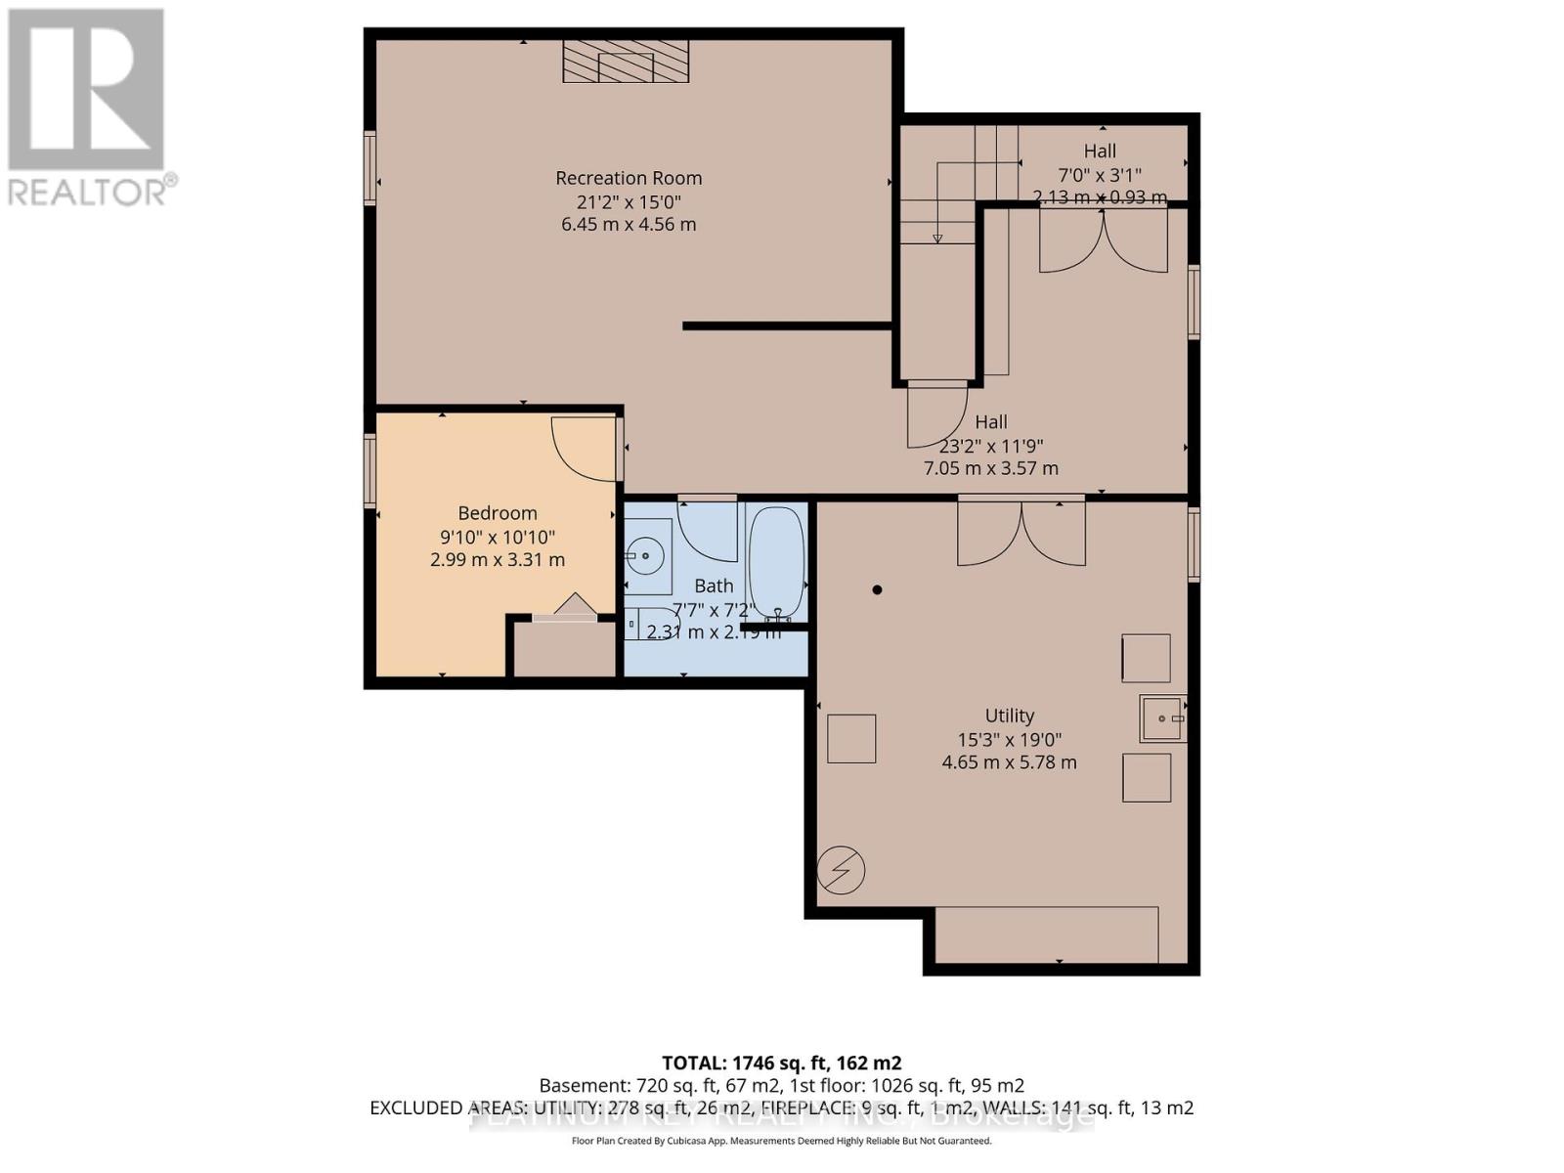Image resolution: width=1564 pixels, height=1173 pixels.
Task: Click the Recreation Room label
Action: click(629, 178)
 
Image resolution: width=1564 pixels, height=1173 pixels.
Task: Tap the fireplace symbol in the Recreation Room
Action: click(626, 62)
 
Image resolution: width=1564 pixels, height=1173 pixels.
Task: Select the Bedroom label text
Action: click(498, 513)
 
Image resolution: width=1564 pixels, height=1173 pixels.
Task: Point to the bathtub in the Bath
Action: click(776, 563)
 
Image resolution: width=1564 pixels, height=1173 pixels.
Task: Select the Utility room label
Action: click(1009, 716)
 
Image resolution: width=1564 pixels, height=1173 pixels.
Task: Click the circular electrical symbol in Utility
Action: click(842, 869)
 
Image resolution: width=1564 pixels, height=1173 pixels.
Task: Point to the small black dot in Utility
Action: click(877, 589)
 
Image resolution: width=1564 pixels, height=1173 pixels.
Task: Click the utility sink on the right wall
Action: click(1162, 718)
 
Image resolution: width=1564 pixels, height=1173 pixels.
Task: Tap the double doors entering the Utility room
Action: click(1021, 533)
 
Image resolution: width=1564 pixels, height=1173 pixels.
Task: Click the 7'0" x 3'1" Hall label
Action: click(1100, 175)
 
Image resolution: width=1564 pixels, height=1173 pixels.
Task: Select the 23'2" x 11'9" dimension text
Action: click(991, 446)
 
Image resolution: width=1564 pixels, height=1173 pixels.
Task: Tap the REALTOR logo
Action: click(88, 108)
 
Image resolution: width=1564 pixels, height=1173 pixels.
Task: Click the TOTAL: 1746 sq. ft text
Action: click(782, 1063)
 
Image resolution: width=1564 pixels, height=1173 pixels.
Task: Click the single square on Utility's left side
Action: click(851, 738)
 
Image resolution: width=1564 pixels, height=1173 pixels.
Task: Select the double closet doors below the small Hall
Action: click(1103, 241)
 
